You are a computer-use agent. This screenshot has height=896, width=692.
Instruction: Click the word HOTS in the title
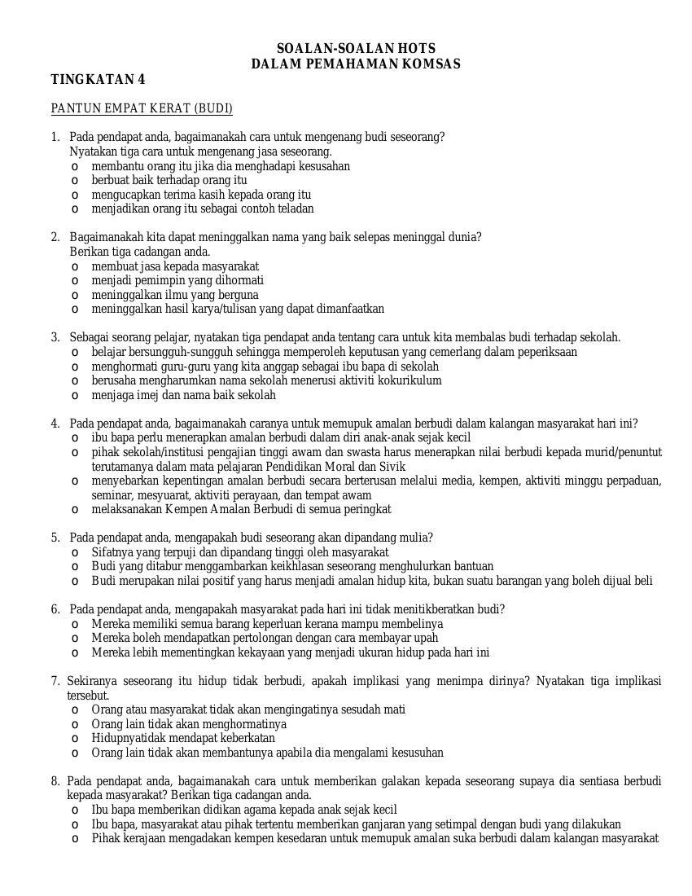pos(416,49)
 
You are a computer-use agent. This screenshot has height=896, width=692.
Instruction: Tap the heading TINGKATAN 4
pos(98,79)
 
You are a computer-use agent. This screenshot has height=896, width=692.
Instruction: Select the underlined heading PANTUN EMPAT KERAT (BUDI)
pos(142,108)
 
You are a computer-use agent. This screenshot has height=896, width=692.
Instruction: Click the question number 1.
pos(55,137)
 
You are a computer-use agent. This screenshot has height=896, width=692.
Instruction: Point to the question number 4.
pos(55,424)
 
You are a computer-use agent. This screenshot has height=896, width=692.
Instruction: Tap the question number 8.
pos(55,781)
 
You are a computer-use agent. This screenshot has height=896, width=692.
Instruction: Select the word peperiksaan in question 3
pos(545,352)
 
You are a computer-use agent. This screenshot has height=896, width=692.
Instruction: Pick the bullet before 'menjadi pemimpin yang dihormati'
pos(75,281)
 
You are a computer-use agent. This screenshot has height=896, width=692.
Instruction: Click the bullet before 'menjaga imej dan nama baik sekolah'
pos(75,396)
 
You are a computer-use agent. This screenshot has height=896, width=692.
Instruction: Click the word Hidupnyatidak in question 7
pos(126,738)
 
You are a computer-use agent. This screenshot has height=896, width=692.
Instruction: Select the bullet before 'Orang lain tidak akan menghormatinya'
pos(75,724)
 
